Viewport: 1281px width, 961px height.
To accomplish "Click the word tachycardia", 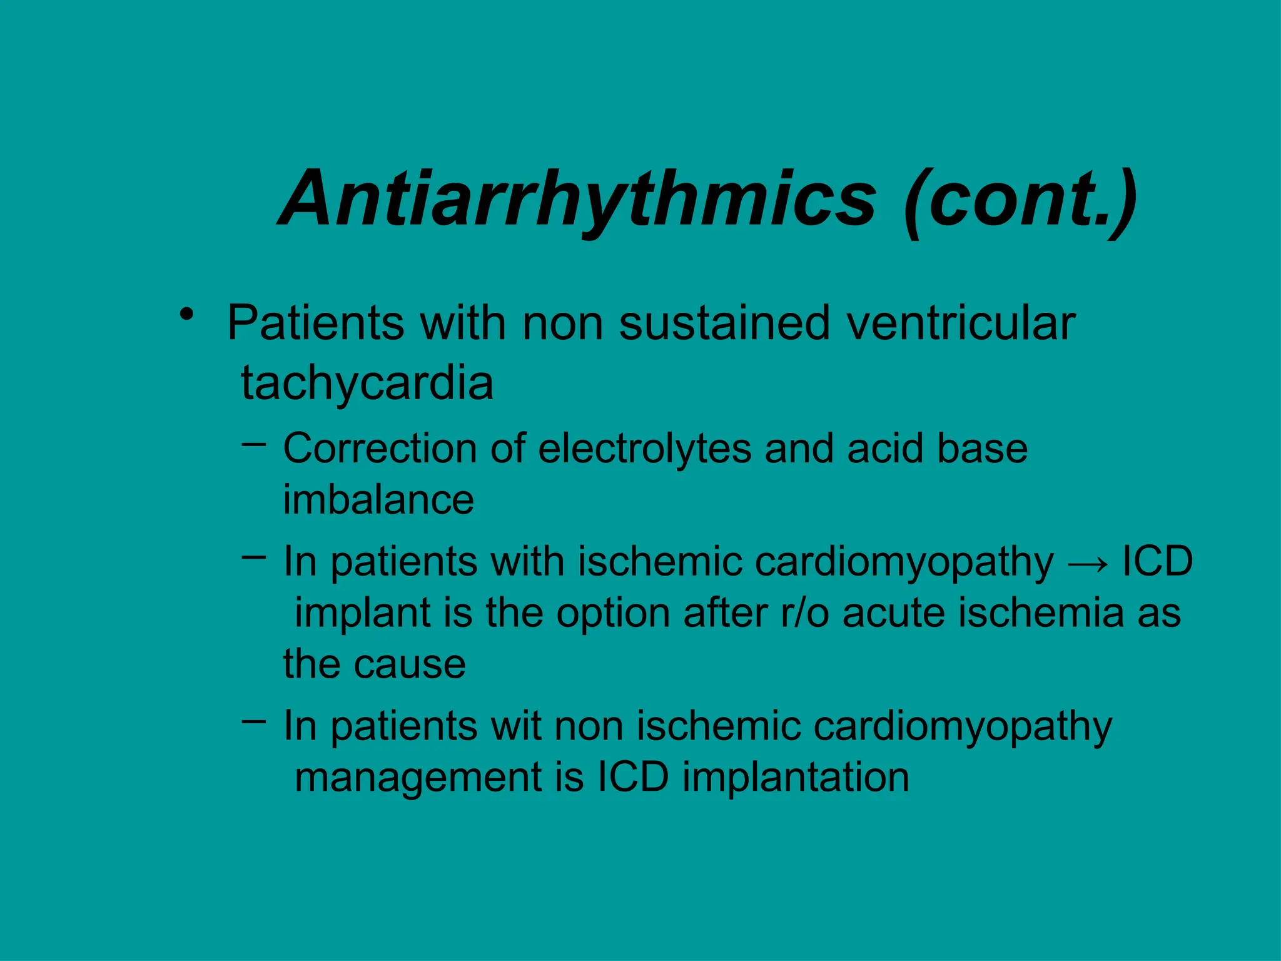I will [367, 383].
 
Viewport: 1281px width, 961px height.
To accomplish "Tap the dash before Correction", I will [253, 445].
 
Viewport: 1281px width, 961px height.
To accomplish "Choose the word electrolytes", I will [644, 449].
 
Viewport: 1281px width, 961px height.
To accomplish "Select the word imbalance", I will [378, 500].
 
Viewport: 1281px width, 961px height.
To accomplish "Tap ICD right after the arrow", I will [1157, 561].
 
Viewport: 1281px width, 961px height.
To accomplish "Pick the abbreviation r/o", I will [804, 613].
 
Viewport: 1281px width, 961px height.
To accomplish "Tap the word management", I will [418, 778].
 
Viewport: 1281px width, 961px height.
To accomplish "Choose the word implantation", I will [796, 778].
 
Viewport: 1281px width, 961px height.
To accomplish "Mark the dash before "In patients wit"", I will [253, 721].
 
